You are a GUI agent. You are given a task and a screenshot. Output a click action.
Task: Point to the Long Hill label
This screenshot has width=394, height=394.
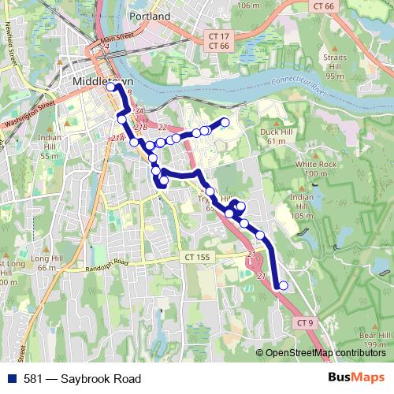click(x=46, y=258)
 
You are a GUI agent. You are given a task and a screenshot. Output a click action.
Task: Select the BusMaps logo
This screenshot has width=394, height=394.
click(x=356, y=378)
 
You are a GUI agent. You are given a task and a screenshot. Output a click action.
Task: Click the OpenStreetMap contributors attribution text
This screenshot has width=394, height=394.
click(x=325, y=353)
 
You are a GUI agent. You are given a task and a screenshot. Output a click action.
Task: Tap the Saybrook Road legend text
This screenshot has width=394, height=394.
click(x=90, y=379)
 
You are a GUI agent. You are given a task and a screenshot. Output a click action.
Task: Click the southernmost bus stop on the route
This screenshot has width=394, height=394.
click(x=284, y=286)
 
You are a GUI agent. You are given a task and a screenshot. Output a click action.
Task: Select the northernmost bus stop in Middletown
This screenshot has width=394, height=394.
click(x=111, y=87)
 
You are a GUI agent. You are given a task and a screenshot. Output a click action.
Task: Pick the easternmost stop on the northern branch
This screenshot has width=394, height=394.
click(x=225, y=121)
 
